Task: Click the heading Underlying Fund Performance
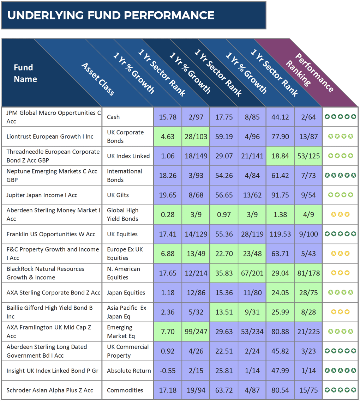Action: click(111, 16)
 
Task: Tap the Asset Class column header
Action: click(98, 79)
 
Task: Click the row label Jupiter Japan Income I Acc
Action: click(42, 195)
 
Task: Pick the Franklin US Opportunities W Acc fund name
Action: click(51, 234)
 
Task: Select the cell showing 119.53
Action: click(280, 234)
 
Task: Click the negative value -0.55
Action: click(167, 371)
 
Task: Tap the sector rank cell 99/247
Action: click(196, 332)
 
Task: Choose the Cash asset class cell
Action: click(113, 117)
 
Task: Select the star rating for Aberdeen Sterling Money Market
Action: click(340, 214)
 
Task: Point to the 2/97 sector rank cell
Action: click(196, 117)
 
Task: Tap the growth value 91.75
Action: click(280, 195)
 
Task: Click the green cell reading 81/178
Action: click(308, 273)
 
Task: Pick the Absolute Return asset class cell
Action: click(129, 371)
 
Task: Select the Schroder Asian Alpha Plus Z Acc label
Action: click(50, 390)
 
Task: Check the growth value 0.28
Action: click(167, 214)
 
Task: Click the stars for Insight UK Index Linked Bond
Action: click(340, 371)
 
